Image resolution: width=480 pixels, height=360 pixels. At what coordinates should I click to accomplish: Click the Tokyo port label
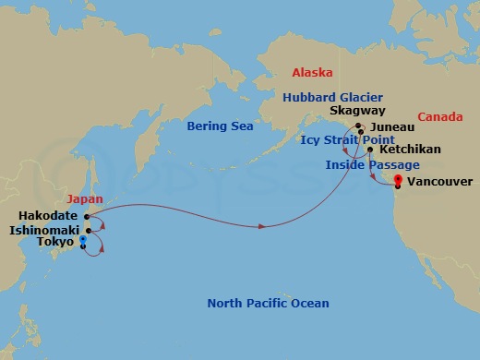click(x=56, y=242)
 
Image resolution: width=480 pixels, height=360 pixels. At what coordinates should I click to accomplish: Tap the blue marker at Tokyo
click(x=83, y=241)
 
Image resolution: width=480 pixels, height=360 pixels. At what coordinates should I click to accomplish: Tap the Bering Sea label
click(x=219, y=126)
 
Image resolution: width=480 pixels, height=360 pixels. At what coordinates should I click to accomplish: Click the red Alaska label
click(x=312, y=72)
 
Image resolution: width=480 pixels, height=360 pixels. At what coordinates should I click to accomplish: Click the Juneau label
click(x=388, y=132)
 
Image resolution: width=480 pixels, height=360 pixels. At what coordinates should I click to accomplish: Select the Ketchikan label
click(x=410, y=149)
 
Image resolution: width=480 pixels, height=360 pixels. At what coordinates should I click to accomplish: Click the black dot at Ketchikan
click(x=370, y=150)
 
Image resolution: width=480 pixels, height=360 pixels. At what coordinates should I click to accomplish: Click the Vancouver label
click(x=438, y=182)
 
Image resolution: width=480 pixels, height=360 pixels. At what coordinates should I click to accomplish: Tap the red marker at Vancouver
click(x=397, y=180)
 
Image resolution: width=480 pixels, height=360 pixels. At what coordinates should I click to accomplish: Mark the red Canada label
click(x=439, y=117)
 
